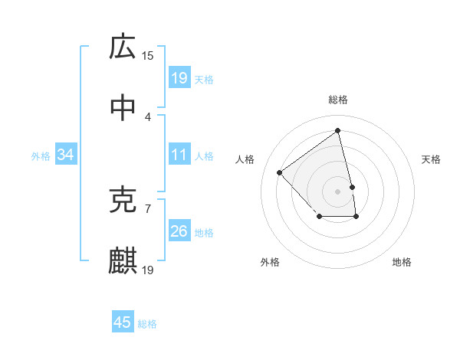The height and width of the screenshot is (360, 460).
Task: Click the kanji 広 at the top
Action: pyautogui.click(x=123, y=47)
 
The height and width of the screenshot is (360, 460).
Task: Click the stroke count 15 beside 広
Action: pyautogui.click(x=148, y=55)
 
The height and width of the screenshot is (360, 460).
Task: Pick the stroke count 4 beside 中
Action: pyautogui.click(x=148, y=116)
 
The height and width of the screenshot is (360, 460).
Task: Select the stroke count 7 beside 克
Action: pyautogui.click(x=148, y=208)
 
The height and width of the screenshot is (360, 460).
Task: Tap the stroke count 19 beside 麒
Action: pyautogui.click(x=148, y=270)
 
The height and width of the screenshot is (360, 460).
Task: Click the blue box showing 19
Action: pyautogui.click(x=179, y=77)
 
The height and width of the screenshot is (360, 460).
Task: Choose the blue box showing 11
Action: pyautogui.click(x=179, y=155)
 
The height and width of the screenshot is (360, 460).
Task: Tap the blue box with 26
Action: pyautogui.click(x=179, y=231)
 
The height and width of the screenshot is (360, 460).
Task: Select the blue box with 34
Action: pyautogui.click(x=65, y=155)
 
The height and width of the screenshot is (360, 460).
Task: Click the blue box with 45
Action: pyautogui.click(x=123, y=322)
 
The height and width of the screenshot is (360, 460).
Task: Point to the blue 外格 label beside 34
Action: pyautogui.click(x=41, y=155)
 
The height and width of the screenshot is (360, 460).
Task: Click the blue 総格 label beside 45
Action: pyautogui.click(x=147, y=323)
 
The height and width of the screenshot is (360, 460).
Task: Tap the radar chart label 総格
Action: pyautogui.click(x=338, y=100)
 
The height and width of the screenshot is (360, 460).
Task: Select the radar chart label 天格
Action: pyautogui.click(x=432, y=159)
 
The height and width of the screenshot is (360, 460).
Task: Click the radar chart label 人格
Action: pyautogui.click(x=245, y=159)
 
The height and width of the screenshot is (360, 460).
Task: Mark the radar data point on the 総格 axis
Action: pyautogui.click(x=338, y=131)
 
